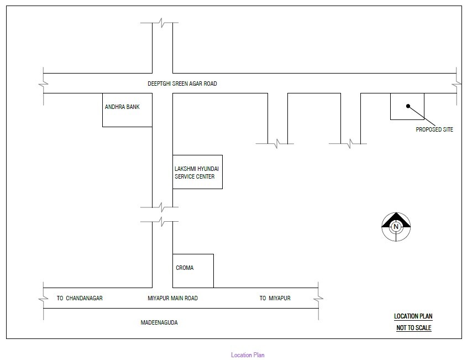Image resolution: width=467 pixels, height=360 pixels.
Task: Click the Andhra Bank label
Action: tap(122, 107)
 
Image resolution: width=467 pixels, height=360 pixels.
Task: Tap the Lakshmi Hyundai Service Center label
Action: tap(197, 173)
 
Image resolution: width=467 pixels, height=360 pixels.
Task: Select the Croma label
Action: tap(185, 268)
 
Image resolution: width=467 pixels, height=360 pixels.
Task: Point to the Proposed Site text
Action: tap(434, 129)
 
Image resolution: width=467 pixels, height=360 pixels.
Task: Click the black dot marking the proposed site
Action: tap(408, 106)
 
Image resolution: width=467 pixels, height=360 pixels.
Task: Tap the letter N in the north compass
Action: tap(396, 227)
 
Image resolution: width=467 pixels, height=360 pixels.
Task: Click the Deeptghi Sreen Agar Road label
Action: tap(182, 84)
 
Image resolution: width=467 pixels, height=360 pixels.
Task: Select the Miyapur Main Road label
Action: tap(173, 298)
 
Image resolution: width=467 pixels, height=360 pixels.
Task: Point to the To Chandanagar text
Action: tap(80, 298)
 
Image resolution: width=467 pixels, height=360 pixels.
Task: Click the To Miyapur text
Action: tap(275, 298)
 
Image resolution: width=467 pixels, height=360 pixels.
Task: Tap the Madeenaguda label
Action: tap(159, 322)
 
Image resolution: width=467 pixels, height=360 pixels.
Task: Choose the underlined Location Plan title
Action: tap(413, 316)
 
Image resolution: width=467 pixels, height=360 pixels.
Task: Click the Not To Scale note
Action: tap(414, 328)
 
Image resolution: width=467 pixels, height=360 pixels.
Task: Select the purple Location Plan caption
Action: tap(248, 355)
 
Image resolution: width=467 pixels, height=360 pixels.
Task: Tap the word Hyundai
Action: tap(208, 169)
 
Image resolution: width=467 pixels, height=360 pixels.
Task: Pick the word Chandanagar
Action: tap(84, 298)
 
